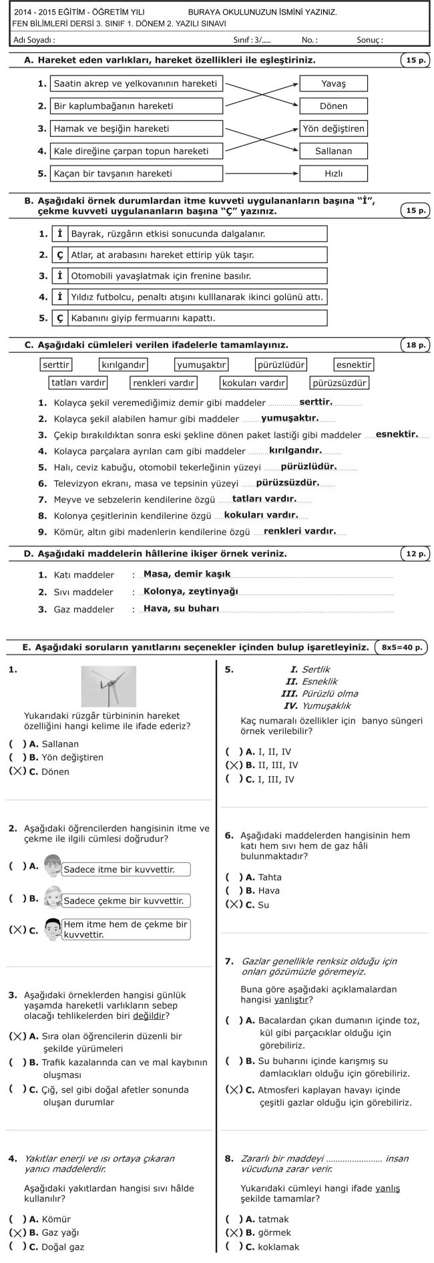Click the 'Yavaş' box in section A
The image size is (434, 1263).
333,83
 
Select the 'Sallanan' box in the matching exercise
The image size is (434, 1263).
333,151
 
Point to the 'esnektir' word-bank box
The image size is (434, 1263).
354,365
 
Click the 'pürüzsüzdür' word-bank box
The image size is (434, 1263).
339,383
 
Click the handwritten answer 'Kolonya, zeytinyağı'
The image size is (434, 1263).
191,591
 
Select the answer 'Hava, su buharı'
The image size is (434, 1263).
182,608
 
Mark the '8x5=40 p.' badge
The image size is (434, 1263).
401,647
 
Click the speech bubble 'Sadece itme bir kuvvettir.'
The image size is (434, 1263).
126,869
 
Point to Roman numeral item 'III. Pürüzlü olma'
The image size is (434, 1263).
321,693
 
